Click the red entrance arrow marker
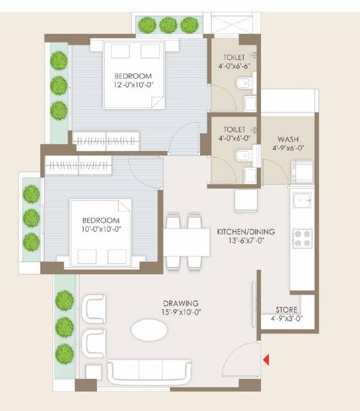click(266, 360)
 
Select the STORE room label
click(286, 310)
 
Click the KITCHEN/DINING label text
click(246, 232)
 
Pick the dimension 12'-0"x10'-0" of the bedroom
click(133, 85)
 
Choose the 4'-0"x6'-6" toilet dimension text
click(234, 66)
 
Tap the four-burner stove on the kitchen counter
click(301, 238)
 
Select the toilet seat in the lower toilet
click(242, 156)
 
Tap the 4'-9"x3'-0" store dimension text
click(286, 319)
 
